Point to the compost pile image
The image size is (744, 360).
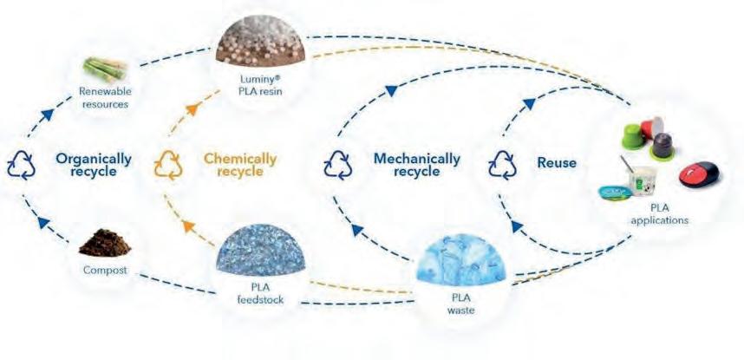(104, 242)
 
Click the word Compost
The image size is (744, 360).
(104, 270)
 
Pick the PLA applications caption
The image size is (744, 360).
(665, 215)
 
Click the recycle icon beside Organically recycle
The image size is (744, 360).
(20, 164)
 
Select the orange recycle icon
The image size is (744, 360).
(166, 164)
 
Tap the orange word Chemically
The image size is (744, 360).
(240, 159)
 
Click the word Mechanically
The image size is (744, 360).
(416, 159)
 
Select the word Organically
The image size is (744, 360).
(94, 159)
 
